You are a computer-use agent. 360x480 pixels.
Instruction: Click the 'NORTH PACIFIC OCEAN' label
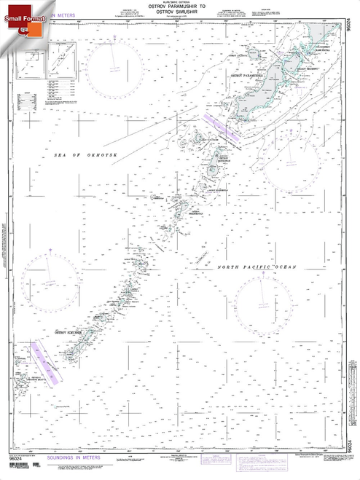click(257, 268)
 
